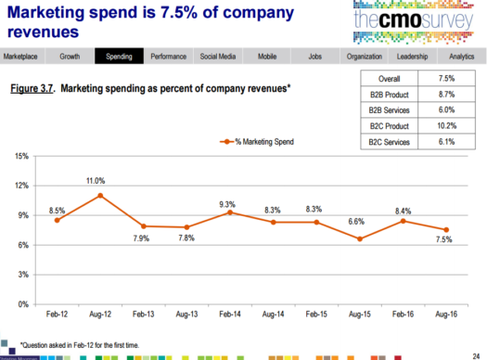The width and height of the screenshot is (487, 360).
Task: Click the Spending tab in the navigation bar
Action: click(119, 57)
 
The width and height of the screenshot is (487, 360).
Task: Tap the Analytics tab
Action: click(460, 57)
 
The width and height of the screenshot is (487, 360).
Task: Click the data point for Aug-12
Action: click(100, 196)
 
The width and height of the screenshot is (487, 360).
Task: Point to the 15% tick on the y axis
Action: click(20, 156)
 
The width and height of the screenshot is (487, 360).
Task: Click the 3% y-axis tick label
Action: click(22, 275)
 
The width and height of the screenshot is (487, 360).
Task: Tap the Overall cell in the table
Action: click(391, 80)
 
